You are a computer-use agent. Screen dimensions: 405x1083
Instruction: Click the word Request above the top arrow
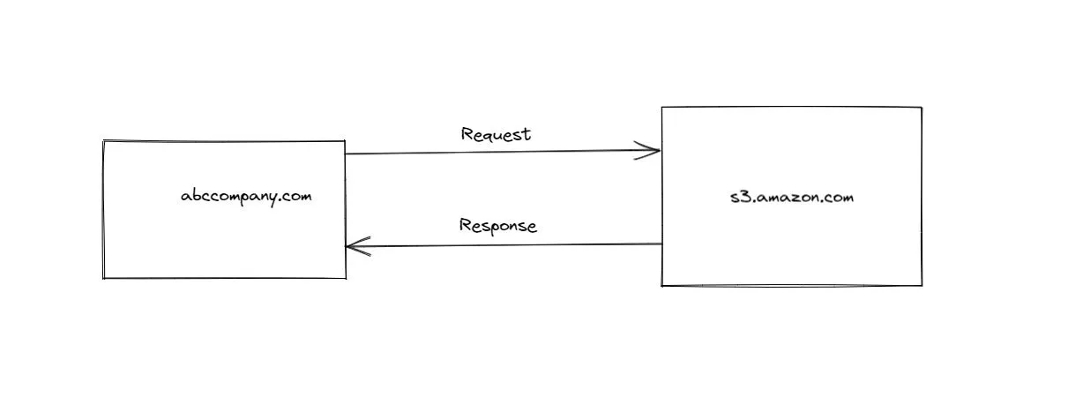(496, 135)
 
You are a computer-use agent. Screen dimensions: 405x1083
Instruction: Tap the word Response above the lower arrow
(497, 226)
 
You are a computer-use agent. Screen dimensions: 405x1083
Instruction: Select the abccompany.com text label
(246, 196)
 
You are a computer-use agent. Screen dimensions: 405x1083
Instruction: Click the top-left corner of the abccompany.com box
(104, 141)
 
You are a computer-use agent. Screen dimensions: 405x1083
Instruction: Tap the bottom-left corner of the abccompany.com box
(104, 278)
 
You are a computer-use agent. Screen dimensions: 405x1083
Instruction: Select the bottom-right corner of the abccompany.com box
(345, 278)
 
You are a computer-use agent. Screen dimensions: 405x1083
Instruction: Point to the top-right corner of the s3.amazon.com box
(922, 108)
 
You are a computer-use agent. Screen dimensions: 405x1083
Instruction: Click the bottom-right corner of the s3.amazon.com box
(922, 285)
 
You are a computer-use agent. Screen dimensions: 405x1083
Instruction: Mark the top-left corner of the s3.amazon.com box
(662, 108)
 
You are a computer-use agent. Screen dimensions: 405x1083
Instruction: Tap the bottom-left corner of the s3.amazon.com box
(662, 285)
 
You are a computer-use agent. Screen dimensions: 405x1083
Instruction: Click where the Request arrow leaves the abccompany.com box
(346, 154)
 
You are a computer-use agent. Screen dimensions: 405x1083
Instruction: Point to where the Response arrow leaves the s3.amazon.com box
(661, 244)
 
